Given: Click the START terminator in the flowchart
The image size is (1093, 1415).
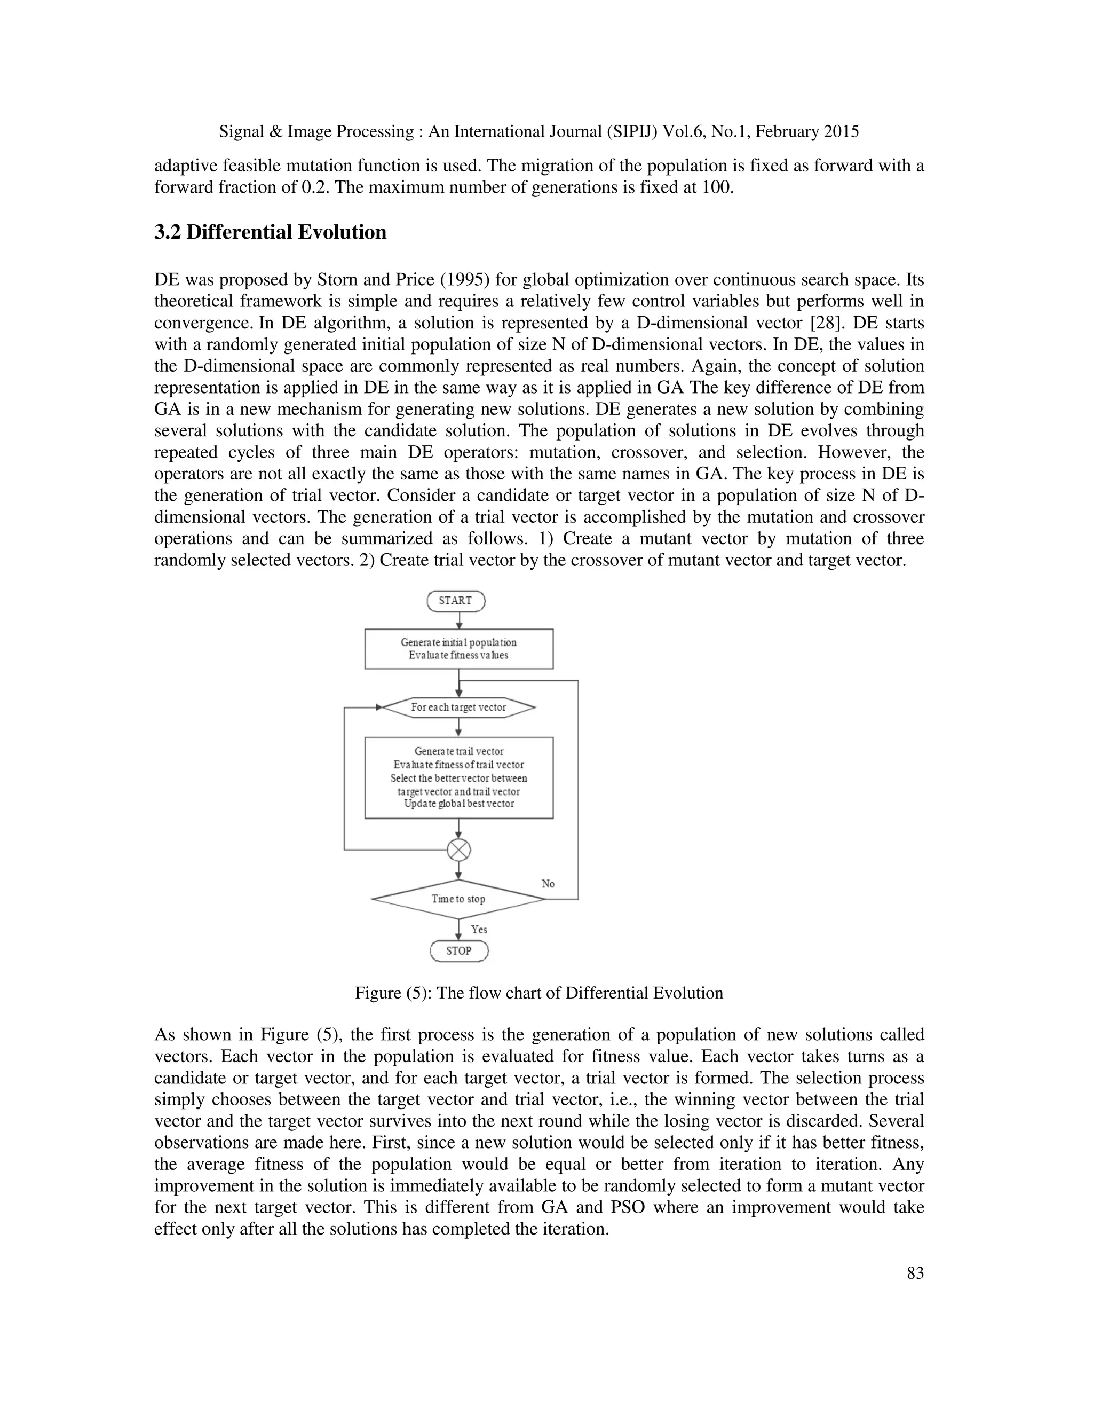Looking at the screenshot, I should pos(455,601).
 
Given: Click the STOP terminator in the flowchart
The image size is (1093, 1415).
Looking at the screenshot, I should pos(458,950).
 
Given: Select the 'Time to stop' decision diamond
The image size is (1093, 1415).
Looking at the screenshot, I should pos(458,899).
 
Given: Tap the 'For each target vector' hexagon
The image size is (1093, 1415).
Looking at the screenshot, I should pos(458,707).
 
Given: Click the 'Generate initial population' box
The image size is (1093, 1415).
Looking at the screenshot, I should pos(458,649).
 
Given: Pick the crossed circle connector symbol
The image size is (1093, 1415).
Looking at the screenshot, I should pos(459,849).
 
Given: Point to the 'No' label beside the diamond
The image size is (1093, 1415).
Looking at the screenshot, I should pos(548,884).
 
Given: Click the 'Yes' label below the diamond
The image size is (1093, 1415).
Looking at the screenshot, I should pos(479,929).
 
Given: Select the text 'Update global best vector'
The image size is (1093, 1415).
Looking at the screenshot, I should pos(458,804).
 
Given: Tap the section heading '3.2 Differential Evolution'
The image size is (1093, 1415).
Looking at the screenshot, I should pos(270,232).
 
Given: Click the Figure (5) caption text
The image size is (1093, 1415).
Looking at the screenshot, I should pos(538,993).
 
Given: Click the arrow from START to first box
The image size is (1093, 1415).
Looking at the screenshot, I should pos(459,620).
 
